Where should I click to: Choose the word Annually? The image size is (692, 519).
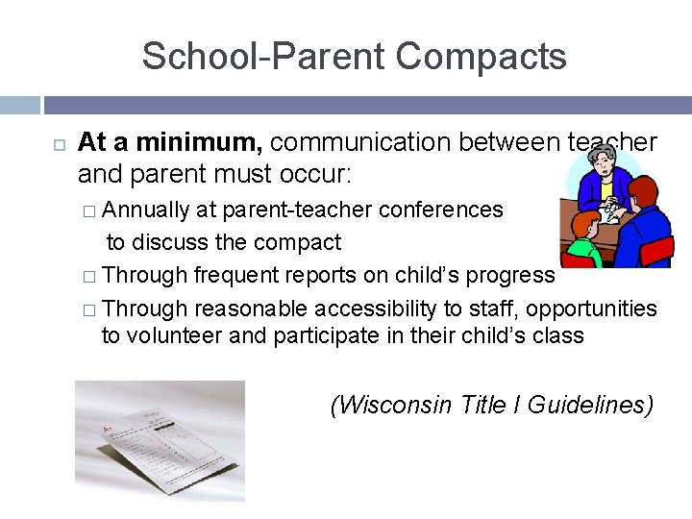[x=145, y=210]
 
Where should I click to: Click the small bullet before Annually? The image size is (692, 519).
[x=89, y=210]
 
